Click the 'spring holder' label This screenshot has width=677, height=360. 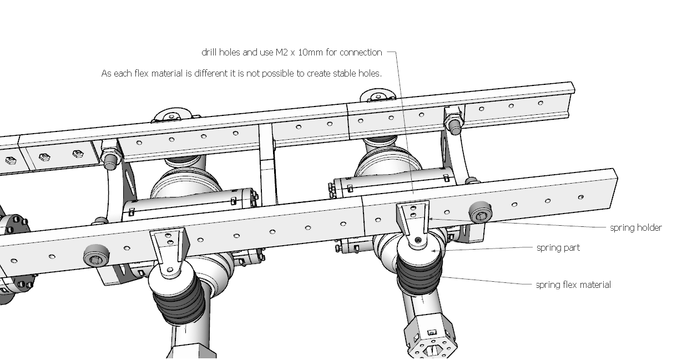(x=636, y=228)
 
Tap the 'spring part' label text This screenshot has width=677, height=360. (x=558, y=248)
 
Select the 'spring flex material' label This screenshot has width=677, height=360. (x=573, y=285)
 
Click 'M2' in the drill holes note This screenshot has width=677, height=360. (x=282, y=53)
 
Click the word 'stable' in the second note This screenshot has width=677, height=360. (x=344, y=73)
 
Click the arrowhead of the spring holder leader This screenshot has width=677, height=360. (x=431, y=219)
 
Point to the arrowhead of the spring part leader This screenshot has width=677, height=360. (x=433, y=251)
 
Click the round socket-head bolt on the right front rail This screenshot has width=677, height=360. (x=480, y=212)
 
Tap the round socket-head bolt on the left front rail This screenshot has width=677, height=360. (x=97, y=256)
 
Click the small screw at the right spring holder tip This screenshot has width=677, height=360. (x=418, y=240)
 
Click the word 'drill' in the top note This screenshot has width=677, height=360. (x=209, y=53)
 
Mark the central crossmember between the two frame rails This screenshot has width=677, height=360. (x=267, y=165)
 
